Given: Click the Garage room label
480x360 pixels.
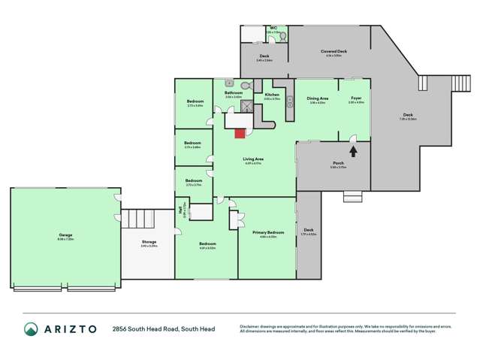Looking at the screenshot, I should point(65,235).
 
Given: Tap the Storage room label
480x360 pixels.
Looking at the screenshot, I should point(149,242).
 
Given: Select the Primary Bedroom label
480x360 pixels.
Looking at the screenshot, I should point(268,233).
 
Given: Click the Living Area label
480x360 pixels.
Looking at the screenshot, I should point(252,159).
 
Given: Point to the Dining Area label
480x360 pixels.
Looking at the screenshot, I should point(316,98).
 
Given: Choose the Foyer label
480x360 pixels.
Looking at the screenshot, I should point(356,98).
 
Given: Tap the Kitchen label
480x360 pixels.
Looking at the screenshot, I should point(271,95).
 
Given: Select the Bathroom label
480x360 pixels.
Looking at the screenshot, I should point(234,93).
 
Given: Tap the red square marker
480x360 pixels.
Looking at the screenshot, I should point(240,133).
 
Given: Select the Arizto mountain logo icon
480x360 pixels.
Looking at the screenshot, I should point(31,329).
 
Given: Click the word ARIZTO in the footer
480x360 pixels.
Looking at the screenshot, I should point(70,329).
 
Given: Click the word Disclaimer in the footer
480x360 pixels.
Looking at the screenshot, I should point(249,325).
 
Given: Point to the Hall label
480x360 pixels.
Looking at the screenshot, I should point(182,211).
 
